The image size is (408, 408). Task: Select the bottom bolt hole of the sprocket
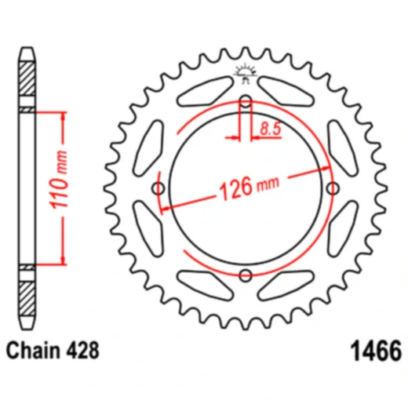pyautogui.click(x=246, y=274)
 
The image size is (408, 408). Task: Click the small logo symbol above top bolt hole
pyautogui.click(x=246, y=76)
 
